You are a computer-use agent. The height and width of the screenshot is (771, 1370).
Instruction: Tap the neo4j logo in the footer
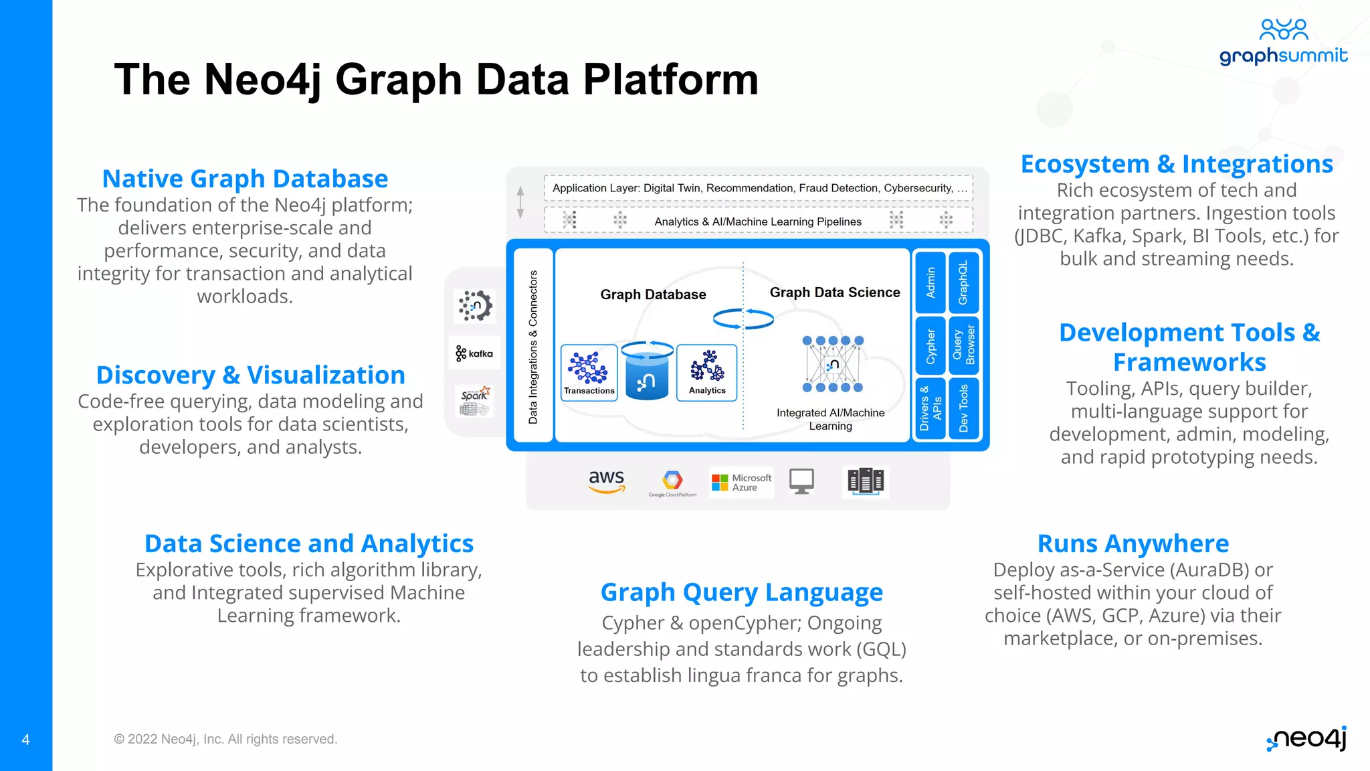point(1306,738)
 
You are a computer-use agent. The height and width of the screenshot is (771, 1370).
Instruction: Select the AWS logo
point(606,481)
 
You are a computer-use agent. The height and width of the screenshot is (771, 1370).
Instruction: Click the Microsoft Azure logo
point(741,482)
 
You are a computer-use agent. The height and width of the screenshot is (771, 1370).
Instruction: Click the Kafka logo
point(474,353)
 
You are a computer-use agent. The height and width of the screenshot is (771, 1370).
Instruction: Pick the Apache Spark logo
point(475,401)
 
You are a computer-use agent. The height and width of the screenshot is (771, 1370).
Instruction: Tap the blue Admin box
point(930,282)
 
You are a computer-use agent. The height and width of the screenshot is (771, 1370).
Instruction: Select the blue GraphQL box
point(963,282)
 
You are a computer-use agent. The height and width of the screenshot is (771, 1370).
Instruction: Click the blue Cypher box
point(930,345)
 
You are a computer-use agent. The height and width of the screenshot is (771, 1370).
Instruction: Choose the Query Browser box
point(963,345)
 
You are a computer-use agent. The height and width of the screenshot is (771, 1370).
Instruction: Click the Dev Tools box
point(963,408)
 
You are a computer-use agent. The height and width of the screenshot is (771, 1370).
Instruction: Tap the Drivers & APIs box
point(930,408)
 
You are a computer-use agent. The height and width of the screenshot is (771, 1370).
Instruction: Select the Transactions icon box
point(589,373)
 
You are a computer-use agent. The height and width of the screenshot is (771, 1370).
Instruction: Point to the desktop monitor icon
point(801,481)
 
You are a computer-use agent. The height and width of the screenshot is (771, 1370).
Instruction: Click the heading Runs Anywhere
point(1133,543)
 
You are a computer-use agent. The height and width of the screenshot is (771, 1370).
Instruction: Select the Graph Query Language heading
point(741,592)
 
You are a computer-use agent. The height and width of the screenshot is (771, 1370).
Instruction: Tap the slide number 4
point(25,740)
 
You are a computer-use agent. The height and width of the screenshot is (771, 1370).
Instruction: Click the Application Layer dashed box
point(758,188)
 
